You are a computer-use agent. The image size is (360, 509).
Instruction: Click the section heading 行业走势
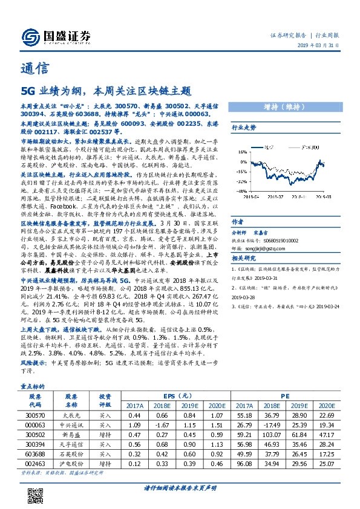pos(245,128)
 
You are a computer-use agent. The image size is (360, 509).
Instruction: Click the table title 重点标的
pos(32,384)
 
